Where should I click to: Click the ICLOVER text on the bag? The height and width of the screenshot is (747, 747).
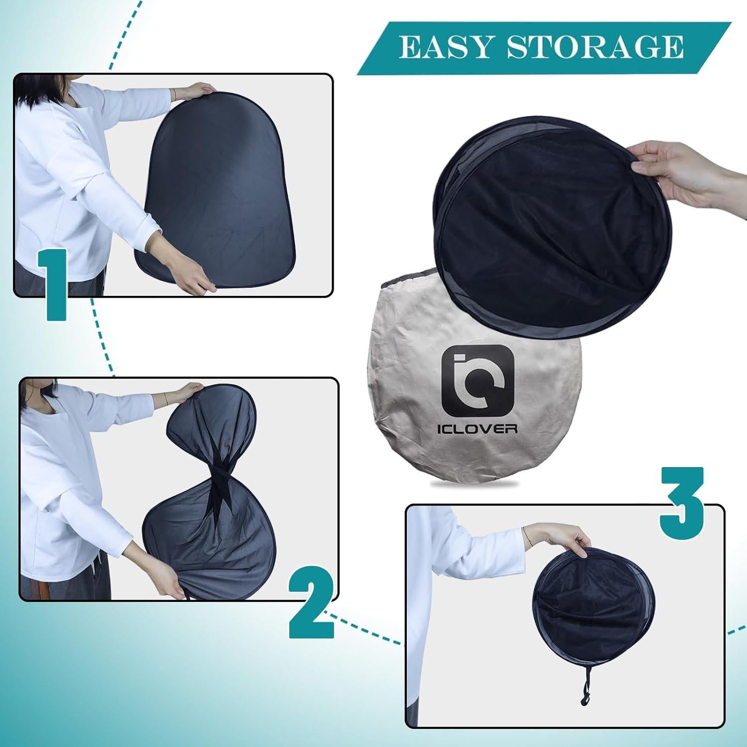point(478,429)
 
